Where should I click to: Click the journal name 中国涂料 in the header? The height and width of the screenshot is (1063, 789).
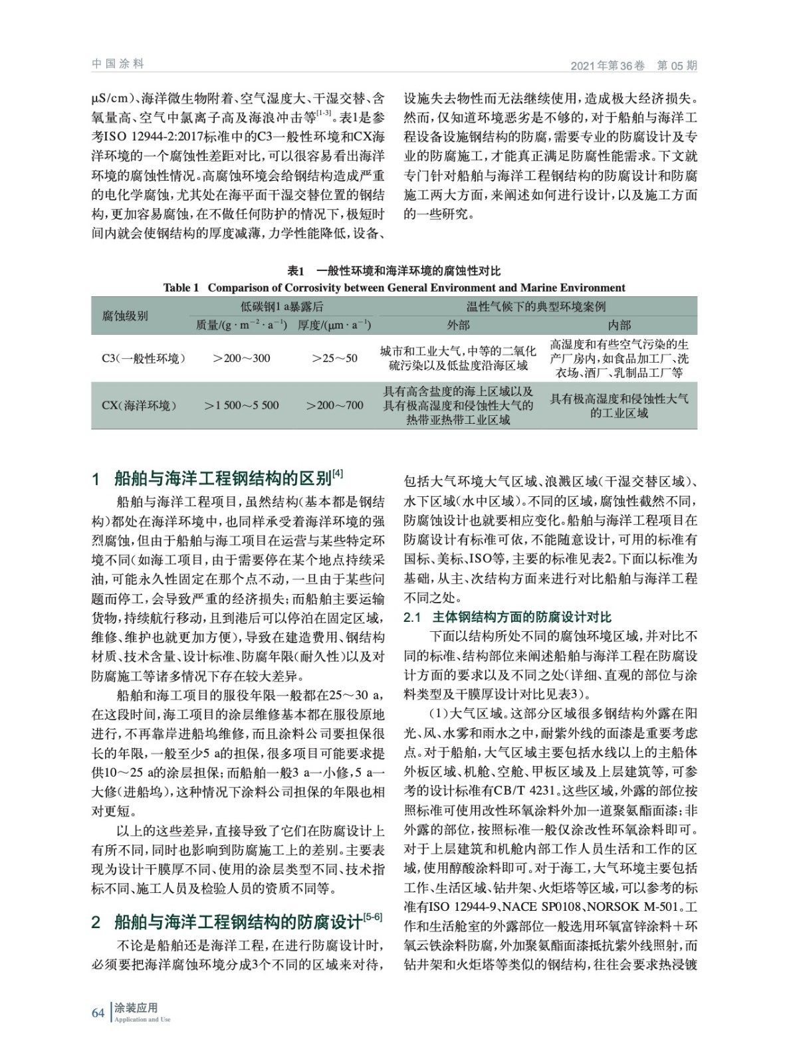point(118,64)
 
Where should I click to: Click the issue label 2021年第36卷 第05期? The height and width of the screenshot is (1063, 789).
point(633,66)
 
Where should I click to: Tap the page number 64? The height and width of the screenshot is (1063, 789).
point(98,1013)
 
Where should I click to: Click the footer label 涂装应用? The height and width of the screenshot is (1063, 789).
point(136,1009)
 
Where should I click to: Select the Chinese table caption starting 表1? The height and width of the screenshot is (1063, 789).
point(394,271)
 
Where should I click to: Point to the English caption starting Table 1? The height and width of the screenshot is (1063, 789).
point(394,288)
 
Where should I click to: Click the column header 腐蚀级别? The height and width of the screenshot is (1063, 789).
point(125,316)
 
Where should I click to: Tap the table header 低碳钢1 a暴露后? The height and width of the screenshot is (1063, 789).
point(282,307)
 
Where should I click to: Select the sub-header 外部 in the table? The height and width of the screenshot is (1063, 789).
point(458,325)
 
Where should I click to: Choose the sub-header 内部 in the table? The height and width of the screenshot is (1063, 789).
point(619,325)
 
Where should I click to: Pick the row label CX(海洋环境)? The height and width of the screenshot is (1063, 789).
point(140,405)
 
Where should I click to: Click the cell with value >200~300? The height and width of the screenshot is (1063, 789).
point(241,358)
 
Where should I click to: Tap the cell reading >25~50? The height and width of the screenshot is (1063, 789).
point(334,358)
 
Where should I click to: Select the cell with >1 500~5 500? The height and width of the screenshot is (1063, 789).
point(241,405)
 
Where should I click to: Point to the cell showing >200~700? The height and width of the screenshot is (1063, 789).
point(334,405)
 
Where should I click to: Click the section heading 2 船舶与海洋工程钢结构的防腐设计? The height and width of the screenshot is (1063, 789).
point(237,921)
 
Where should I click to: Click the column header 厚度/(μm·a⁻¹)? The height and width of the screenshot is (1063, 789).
point(334,325)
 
